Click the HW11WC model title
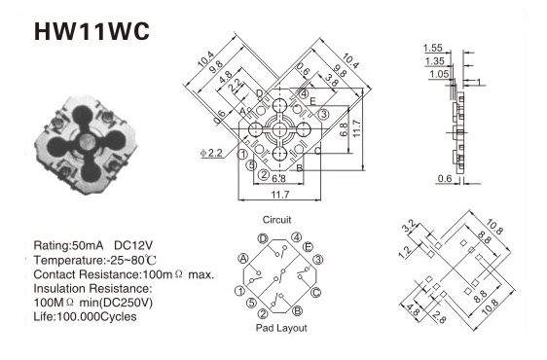click(x=91, y=31)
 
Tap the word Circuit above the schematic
click(x=276, y=220)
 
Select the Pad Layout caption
click(x=281, y=328)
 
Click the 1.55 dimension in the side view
click(x=432, y=48)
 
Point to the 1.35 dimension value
click(x=435, y=61)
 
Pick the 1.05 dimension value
click(x=439, y=74)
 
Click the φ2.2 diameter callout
click(x=211, y=153)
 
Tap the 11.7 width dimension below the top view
click(x=280, y=195)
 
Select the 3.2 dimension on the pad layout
click(x=409, y=226)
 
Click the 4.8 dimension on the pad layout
click(x=413, y=310)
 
